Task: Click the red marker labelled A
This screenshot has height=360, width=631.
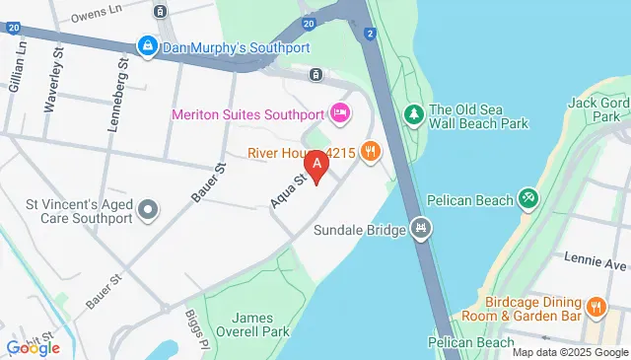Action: (316, 165)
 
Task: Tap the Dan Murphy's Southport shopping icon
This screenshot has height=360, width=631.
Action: (147, 45)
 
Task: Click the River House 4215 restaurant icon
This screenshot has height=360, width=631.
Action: (371, 151)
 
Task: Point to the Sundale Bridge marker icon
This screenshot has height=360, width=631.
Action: (422, 229)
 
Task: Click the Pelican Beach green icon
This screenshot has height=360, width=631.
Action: (528, 200)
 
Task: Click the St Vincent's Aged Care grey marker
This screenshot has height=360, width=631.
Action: (149, 209)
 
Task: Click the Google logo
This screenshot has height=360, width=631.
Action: (33, 346)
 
